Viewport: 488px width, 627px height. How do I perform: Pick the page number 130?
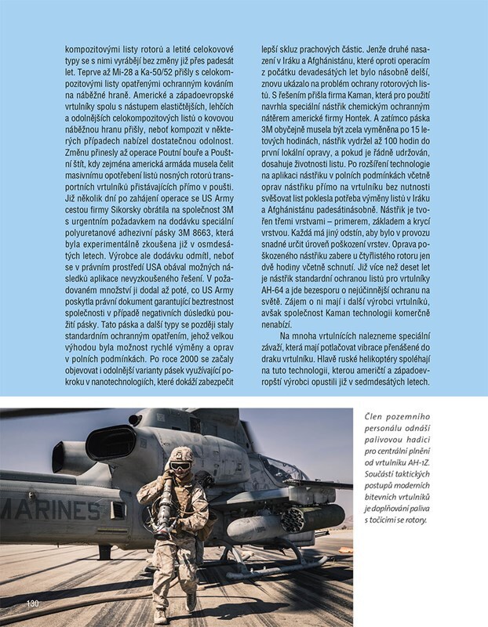pos(33,604)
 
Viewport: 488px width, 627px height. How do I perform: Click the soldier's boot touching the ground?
pos(190,601)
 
